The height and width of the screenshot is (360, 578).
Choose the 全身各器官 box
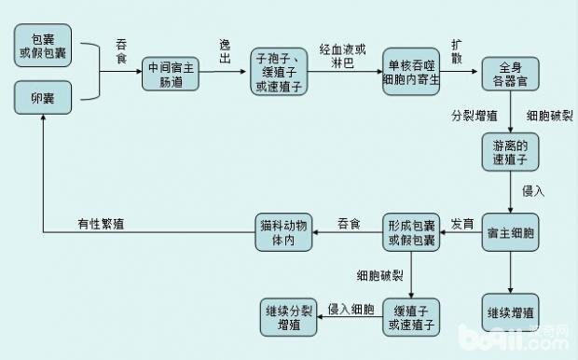(x=510, y=73)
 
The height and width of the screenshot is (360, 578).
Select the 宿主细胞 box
(x=510, y=234)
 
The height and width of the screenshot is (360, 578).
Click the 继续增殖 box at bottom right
(x=510, y=310)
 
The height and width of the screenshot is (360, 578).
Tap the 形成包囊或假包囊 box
(x=410, y=233)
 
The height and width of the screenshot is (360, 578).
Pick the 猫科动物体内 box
(x=282, y=233)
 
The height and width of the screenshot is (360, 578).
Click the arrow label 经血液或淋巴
(x=343, y=55)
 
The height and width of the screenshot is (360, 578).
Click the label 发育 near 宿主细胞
(x=462, y=224)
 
